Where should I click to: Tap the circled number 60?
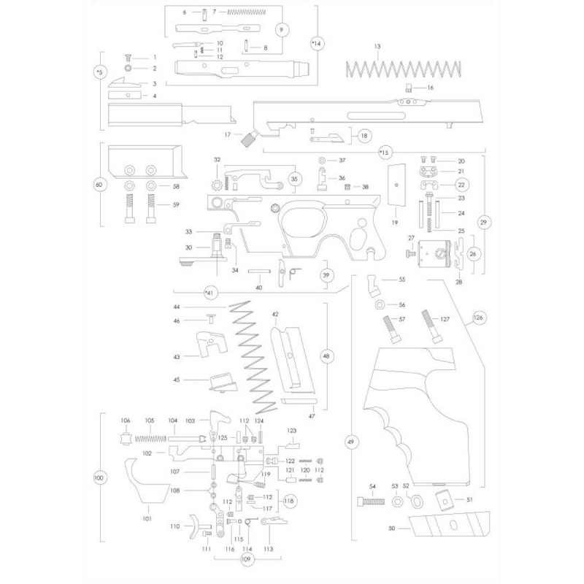(x=99, y=185)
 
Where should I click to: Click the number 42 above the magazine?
(x=276, y=314)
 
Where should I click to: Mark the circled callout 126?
(x=479, y=318)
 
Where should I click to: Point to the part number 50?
(x=393, y=527)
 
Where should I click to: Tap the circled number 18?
(x=363, y=135)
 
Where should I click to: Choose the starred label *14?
(x=316, y=45)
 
